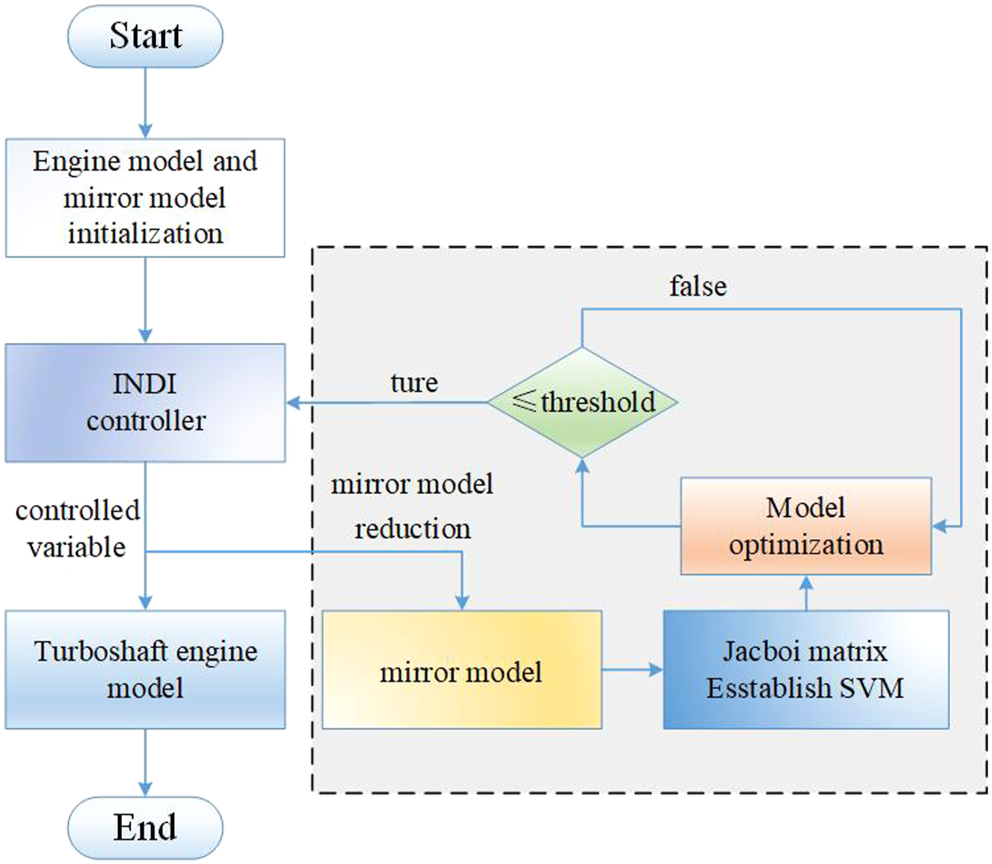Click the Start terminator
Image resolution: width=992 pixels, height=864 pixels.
(x=145, y=37)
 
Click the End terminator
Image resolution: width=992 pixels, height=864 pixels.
(x=145, y=827)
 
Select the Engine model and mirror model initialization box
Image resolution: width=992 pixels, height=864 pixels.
(x=145, y=198)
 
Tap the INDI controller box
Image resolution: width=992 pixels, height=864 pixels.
(x=145, y=403)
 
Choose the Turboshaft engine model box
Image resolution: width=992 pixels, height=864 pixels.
(x=145, y=670)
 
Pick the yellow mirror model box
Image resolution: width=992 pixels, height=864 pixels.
(x=462, y=670)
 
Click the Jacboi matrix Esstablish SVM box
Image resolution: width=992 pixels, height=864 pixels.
(x=806, y=670)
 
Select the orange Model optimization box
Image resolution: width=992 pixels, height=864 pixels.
(x=806, y=526)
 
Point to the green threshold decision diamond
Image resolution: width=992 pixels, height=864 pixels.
(x=582, y=402)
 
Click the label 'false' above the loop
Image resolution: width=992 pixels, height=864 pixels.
(x=698, y=286)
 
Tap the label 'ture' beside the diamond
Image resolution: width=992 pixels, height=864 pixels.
(x=414, y=383)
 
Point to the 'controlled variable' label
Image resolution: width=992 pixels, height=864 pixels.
(x=78, y=528)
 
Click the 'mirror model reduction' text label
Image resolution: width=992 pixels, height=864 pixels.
(x=412, y=506)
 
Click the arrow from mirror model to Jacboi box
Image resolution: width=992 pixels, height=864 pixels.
(x=633, y=670)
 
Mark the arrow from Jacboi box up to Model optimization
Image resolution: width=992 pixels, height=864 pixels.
(x=806, y=592)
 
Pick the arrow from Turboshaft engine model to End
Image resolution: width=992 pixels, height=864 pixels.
(x=145, y=763)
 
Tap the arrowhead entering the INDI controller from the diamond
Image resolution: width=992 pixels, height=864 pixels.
(x=292, y=402)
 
